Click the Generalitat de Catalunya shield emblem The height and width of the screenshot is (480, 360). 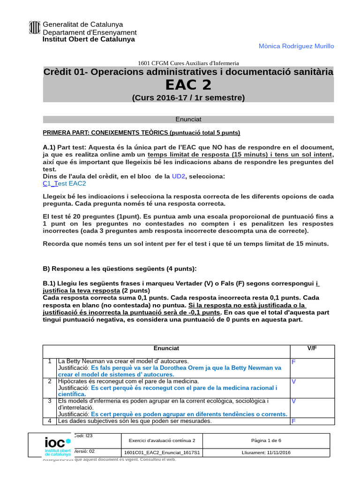(x=35, y=28)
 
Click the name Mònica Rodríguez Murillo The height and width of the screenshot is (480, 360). (x=296, y=46)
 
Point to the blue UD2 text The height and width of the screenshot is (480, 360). (x=179, y=176)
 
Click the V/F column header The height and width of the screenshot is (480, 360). (x=312, y=349)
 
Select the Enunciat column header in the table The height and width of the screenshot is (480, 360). (x=166, y=349)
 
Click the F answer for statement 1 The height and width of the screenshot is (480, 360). (x=293, y=362)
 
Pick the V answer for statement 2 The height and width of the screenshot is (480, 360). (x=294, y=382)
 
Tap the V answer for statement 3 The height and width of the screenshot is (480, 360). (x=294, y=401)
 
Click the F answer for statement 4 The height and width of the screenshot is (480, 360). (x=293, y=421)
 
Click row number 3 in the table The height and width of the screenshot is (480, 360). (x=49, y=401)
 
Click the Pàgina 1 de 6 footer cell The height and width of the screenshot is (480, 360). (x=266, y=441)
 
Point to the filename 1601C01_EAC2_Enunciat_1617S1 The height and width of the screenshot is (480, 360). (x=162, y=453)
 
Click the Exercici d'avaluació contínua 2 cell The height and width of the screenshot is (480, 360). (x=162, y=441)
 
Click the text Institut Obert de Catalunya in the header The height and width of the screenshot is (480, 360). (x=89, y=39)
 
